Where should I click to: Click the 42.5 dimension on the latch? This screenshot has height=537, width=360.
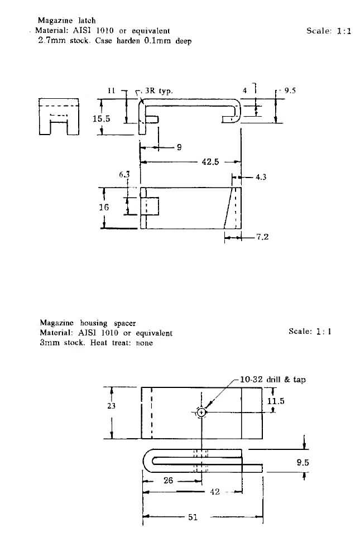tap(210, 162)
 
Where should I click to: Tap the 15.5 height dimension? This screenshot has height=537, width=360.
tap(101, 119)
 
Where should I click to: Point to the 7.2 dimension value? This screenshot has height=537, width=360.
tap(262, 237)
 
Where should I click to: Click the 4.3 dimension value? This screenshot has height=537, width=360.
tap(261, 177)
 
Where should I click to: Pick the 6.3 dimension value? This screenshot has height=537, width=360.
tap(124, 175)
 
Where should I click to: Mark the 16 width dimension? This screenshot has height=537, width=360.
tap(103, 207)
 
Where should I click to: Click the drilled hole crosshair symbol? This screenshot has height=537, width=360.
tap(201, 413)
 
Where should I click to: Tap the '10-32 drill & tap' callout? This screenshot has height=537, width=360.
tap(273, 380)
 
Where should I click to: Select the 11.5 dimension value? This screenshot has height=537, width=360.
tap(276, 401)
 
